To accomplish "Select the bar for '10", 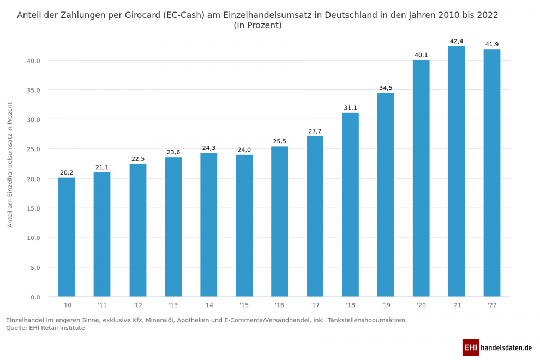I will pyautogui.click(x=67, y=237).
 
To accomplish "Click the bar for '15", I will pyautogui.click(x=244, y=226).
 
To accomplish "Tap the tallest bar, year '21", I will pyautogui.click(x=457, y=171).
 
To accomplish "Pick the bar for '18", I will pyautogui.click(x=350, y=205).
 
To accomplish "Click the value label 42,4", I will pyautogui.click(x=457, y=41).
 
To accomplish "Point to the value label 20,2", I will pyautogui.click(x=67, y=173).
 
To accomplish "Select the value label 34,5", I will pyautogui.click(x=386, y=88).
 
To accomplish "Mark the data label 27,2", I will pyautogui.click(x=315, y=131).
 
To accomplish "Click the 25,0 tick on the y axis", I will pyautogui.click(x=33, y=149).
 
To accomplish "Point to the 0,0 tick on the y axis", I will pyautogui.click(x=35, y=297).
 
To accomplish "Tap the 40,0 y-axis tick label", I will pyautogui.click(x=33, y=61).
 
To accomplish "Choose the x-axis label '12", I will pyautogui.click(x=137, y=305).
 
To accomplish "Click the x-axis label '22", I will pyautogui.click(x=492, y=305).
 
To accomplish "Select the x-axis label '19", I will pyautogui.click(x=386, y=305).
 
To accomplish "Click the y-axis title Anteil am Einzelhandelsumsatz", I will pyautogui.click(x=10, y=165).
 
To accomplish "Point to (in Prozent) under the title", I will pyautogui.click(x=257, y=26).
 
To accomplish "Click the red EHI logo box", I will pyautogui.click(x=470, y=347).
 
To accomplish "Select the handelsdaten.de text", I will pyautogui.click(x=506, y=347).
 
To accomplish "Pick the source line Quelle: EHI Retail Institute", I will pyautogui.click(x=45, y=328).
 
